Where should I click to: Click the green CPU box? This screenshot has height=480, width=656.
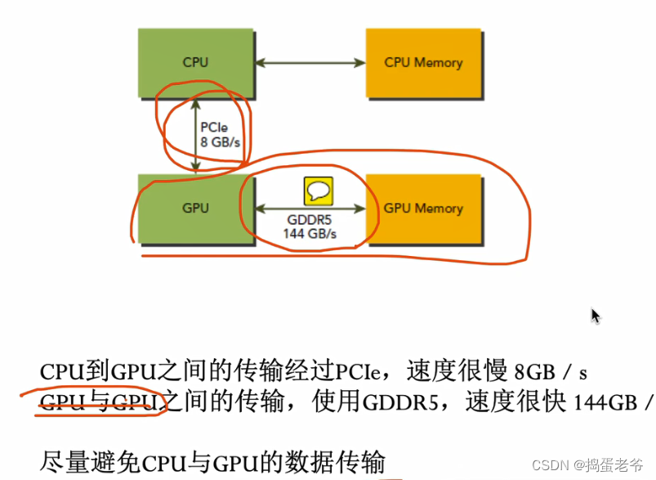click(x=195, y=62)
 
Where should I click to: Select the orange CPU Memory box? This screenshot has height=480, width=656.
click(x=423, y=62)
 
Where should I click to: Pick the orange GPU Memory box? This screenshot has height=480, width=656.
click(x=423, y=209)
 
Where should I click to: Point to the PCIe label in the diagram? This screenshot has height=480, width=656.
click(x=215, y=127)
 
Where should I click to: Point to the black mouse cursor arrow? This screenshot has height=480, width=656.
click(x=596, y=316)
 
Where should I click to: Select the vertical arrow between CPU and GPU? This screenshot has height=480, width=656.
click(x=195, y=134)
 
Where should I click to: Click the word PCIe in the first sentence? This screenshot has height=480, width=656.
click(x=355, y=372)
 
